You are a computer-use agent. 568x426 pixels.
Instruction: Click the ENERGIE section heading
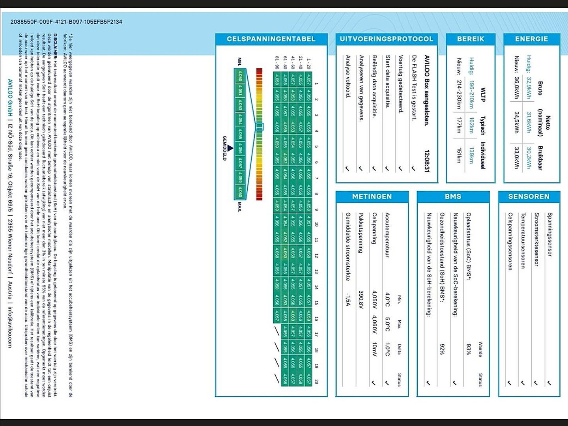click(531, 39)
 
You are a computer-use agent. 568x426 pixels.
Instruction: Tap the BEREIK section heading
click(471, 39)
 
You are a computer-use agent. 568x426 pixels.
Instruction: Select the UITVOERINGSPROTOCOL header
click(387, 39)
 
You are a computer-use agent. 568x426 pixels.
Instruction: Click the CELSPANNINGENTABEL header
click(271, 39)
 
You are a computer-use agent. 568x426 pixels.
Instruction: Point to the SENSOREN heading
click(529, 196)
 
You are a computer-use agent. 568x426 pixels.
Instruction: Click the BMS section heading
click(453, 196)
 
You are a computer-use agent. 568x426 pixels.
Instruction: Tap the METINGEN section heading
click(372, 196)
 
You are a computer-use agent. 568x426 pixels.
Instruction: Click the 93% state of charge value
click(468, 349)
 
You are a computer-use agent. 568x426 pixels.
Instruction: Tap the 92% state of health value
click(442, 349)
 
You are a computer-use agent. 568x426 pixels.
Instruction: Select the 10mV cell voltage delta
click(374, 349)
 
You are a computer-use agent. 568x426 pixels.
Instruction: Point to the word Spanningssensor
click(549, 234)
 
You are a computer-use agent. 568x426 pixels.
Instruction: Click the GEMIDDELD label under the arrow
click(224, 148)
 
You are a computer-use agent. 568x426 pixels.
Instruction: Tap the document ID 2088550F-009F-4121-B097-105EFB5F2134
click(66, 22)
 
